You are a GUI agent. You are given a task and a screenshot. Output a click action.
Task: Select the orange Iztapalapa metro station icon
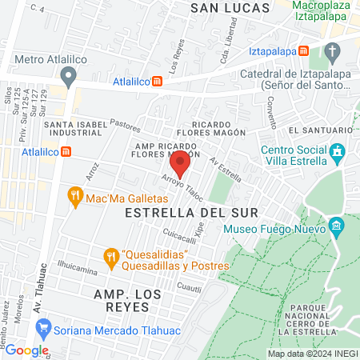[x=304, y=50]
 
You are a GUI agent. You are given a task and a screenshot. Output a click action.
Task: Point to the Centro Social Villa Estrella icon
[x=338, y=151]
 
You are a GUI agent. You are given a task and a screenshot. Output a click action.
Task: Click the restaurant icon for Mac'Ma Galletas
[x=76, y=194]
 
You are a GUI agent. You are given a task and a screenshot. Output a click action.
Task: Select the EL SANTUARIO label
[x=321, y=130]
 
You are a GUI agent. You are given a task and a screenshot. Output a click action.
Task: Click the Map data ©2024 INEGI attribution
[x=311, y=354]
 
